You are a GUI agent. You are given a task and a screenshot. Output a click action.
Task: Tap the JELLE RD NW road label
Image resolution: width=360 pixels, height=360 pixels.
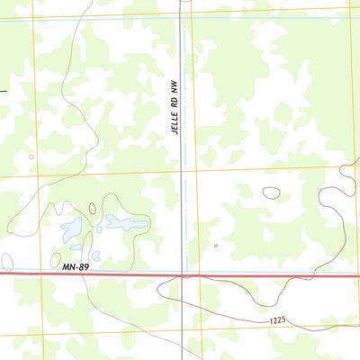click(x=176, y=106)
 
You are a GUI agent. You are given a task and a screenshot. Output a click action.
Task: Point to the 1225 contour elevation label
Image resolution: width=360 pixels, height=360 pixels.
click(x=280, y=320)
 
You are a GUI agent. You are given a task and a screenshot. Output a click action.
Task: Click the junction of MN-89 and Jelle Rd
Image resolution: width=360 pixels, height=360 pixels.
click(x=183, y=274)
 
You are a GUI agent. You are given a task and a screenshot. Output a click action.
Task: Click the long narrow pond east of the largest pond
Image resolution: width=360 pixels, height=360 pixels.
click(x=126, y=222)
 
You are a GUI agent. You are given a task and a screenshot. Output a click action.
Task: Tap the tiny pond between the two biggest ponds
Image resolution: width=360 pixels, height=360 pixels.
click(x=94, y=226)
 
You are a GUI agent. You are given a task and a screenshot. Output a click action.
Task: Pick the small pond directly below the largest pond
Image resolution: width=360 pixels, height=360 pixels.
click(x=76, y=247)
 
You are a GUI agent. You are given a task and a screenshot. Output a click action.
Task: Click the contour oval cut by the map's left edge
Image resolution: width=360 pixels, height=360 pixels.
click(x=6, y=261)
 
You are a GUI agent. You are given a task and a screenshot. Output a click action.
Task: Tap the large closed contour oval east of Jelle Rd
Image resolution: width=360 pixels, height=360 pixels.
click(x=271, y=192)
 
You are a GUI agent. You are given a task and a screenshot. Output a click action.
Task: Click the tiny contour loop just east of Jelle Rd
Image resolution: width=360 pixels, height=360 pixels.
click(x=216, y=245)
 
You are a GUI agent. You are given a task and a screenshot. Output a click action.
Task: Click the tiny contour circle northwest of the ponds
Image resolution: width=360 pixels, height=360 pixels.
click(x=31, y=157)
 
